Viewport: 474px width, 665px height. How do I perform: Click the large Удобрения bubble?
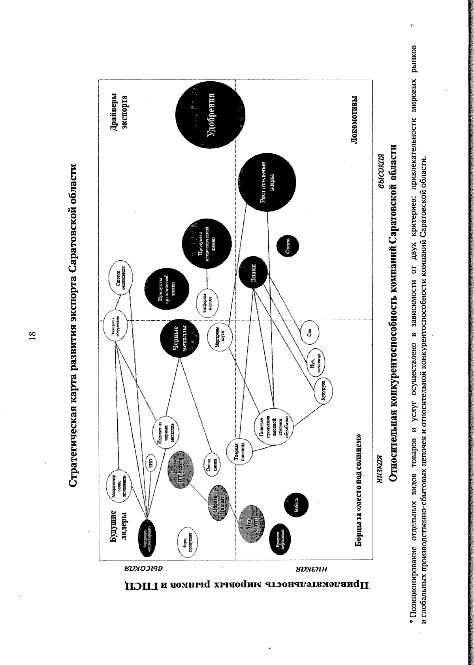coord(210,115)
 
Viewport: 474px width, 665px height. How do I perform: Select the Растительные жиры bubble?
coord(267,183)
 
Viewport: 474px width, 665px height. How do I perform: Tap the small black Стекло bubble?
coord(288,246)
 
